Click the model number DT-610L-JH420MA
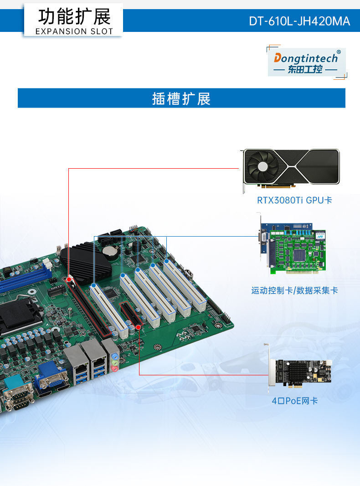(x=299, y=21)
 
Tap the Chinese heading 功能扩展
(x=74, y=17)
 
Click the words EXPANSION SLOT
(x=74, y=31)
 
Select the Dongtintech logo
(x=306, y=62)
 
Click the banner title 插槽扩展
(x=181, y=98)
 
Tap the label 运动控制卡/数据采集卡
(x=294, y=290)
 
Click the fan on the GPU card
(x=263, y=167)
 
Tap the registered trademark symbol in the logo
(x=338, y=52)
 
